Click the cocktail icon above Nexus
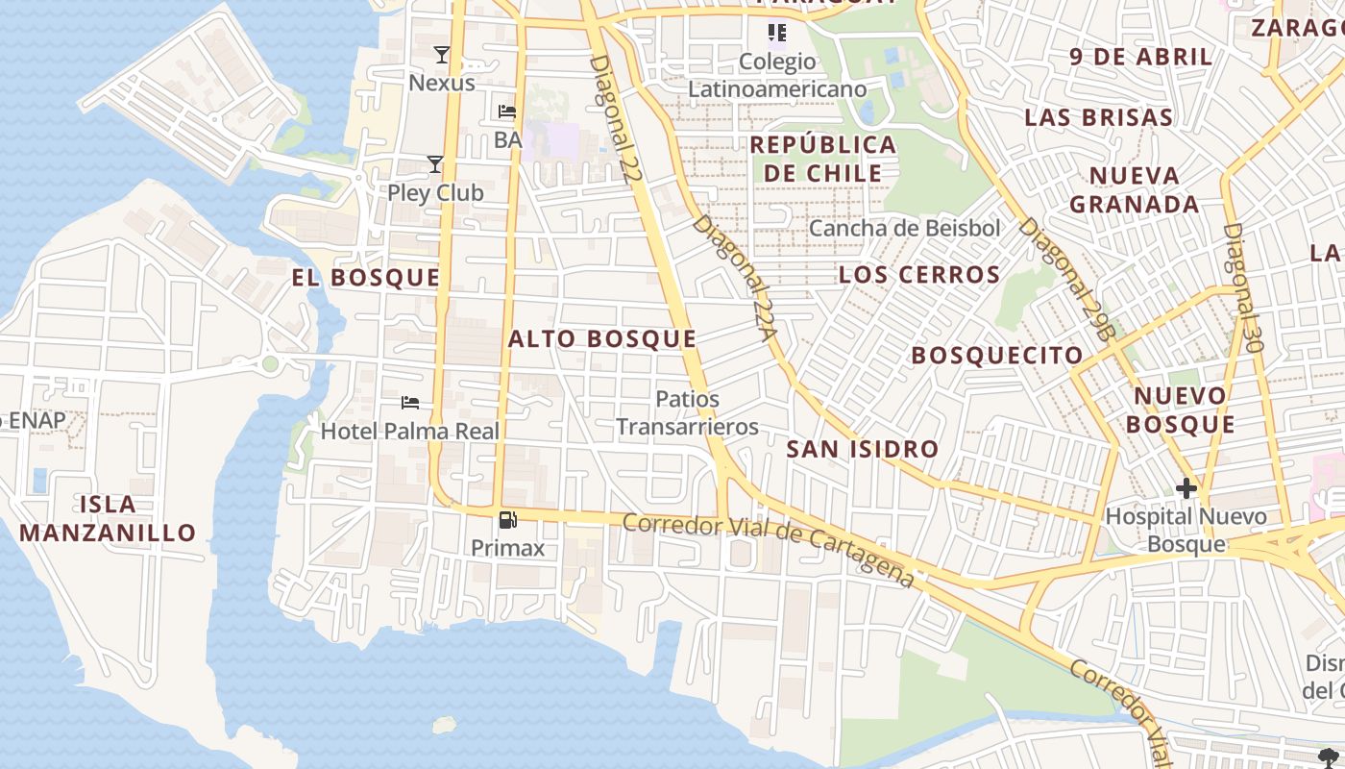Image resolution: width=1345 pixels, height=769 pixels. (x=441, y=55)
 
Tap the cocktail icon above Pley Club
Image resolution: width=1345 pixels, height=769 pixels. (x=435, y=164)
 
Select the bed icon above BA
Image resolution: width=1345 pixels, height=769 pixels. (x=507, y=112)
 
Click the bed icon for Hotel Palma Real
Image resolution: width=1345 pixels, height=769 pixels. (x=410, y=402)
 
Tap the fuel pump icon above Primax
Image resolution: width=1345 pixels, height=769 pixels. (x=507, y=520)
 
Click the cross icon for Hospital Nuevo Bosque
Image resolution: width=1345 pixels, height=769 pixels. (x=1186, y=487)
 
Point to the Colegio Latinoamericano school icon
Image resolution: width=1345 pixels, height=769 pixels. (x=777, y=34)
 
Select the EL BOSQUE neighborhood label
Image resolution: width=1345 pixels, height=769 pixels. (x=366, y=278)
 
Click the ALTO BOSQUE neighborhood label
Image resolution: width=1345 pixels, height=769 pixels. (x=602, y=338)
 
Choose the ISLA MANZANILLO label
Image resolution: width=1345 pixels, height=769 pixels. (x=108, y=518)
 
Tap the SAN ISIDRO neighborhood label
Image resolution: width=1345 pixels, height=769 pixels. (x=862, y=449)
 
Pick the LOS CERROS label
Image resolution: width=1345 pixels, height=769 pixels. (x=919, y=275)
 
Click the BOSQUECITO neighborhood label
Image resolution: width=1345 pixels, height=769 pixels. (x=997, y=356)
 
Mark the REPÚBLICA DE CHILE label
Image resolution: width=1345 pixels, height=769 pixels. (x=823, y=159)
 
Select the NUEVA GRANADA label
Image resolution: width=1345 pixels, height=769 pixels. (x=1135, y=189)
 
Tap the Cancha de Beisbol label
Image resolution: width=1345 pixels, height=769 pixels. (x=904, y=228)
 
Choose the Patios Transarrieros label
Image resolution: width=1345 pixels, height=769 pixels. (x=687, y=412)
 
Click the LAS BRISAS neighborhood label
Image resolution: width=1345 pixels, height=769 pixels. (x=1098, y=117)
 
